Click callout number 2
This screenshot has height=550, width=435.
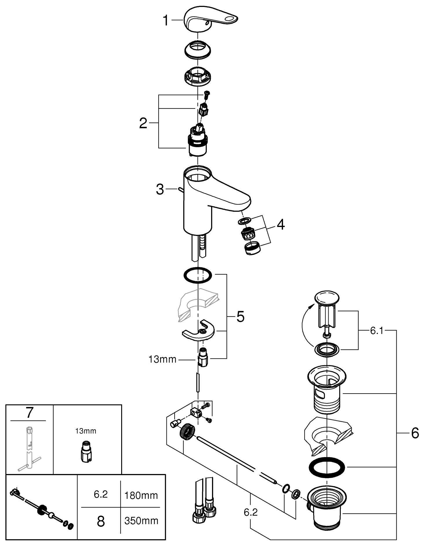click(143, 124)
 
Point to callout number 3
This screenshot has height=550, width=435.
click(160, 190)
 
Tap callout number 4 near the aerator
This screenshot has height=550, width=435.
click(280, 225)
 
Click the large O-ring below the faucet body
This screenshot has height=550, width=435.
click(197, 275)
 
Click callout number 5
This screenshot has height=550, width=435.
click(240, 317)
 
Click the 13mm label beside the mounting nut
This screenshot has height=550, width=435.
click(162, 360)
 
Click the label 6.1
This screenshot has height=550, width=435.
click(377, 331)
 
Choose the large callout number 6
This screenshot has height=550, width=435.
click(415, 434)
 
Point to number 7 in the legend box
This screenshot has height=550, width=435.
click(30, 413)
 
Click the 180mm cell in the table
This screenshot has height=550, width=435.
click(141, 495)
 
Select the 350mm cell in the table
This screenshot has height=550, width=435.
click(141, 521)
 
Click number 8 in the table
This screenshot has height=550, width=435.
click(101, 521)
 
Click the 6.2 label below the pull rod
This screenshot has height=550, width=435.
click(251, 513)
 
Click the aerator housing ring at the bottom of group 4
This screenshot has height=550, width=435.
click(252, 249)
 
